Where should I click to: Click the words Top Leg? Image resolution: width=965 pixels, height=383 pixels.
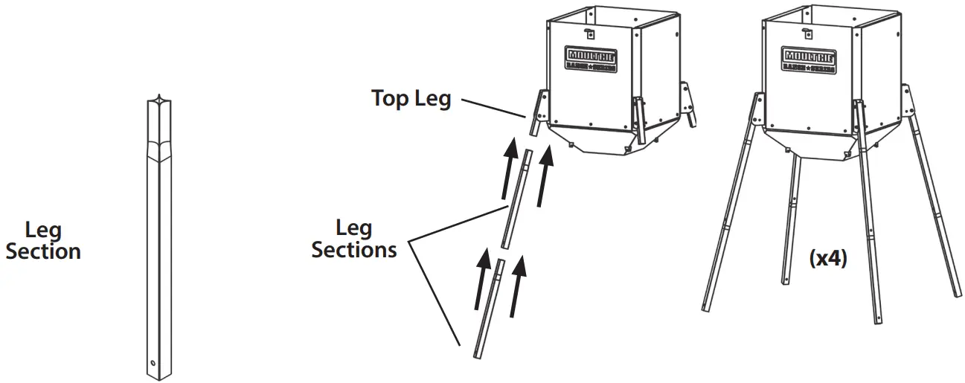411,99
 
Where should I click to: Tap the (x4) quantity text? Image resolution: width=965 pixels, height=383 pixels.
827,260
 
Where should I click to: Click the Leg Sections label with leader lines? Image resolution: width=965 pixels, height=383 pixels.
353,239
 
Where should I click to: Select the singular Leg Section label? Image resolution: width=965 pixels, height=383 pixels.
42,241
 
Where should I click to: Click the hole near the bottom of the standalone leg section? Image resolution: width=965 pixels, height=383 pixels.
153,364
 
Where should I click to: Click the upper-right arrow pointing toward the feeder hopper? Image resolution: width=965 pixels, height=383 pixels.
546,175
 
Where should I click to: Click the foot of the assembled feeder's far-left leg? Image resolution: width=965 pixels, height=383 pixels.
706,305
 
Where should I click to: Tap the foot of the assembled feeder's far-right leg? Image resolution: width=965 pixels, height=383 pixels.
958,293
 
